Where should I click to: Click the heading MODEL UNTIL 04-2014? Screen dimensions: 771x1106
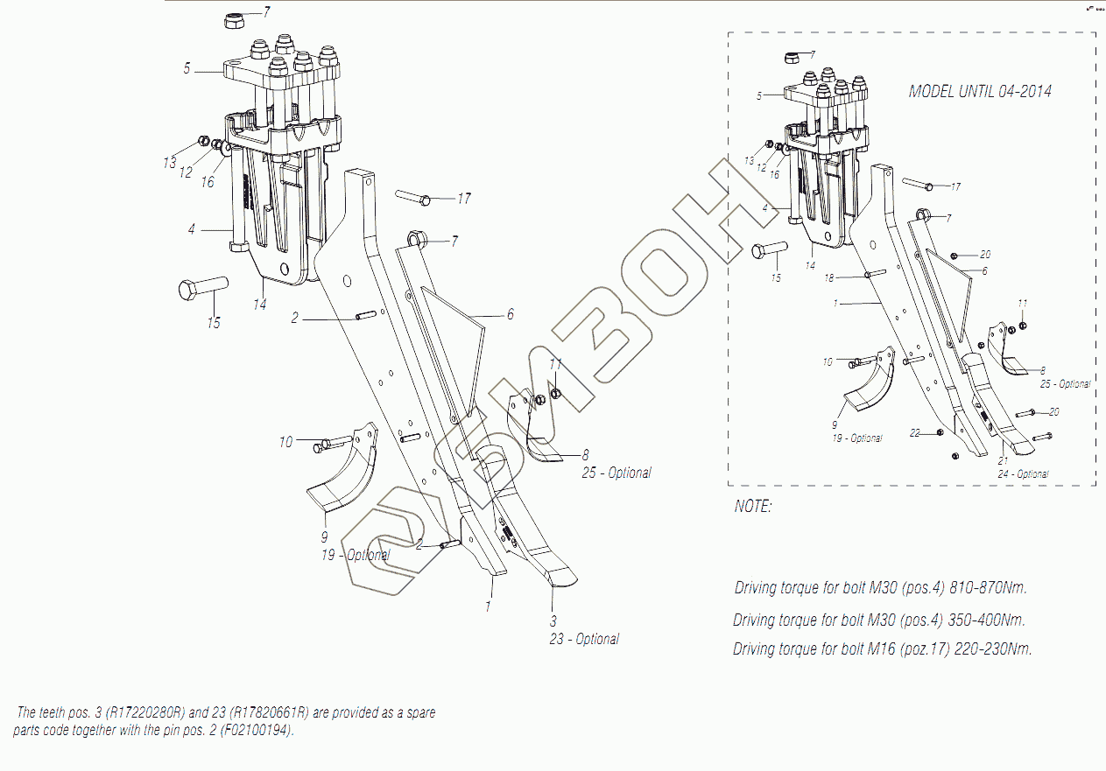tap(980, 91)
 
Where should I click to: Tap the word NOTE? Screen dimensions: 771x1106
tap(753, 507)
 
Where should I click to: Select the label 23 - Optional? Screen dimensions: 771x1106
tap(584, 640)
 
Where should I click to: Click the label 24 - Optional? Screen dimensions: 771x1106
tap(1023, 474)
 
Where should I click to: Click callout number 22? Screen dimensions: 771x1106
tap(915, 433)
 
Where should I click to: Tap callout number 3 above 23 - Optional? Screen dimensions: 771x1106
tap(553, 620)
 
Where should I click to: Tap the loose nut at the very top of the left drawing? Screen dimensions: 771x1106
tap(234, 19)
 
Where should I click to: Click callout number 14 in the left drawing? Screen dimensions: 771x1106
tap(260, 305)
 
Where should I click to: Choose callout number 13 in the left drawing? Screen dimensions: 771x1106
tap(169, 163)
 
